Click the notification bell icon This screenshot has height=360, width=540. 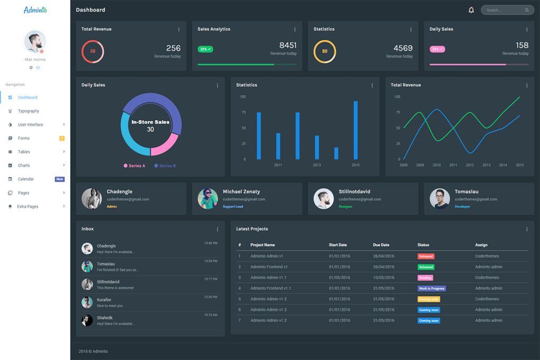[471, 10]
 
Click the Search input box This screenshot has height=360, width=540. [503, 10]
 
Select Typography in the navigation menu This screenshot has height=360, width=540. [29, 111]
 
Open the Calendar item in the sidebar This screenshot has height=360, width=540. [26, 179]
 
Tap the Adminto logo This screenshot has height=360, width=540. [35, 10]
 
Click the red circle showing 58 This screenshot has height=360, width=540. [93, 51]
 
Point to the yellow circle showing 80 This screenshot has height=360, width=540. [324, 51]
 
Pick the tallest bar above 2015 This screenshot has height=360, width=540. [356, 130]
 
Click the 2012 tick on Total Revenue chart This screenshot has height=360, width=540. [470, 165]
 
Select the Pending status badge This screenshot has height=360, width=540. [425, 278]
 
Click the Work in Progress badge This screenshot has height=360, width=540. [431, 288]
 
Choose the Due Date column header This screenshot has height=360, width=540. [381, 245]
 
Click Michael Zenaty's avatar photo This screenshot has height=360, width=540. [208, 199]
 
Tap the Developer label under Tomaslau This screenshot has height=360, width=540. [462, 207]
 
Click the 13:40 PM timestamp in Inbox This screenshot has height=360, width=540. [210, 243]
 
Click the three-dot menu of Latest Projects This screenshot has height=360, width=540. [527, 230]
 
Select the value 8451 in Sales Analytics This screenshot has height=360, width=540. [288, 46]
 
